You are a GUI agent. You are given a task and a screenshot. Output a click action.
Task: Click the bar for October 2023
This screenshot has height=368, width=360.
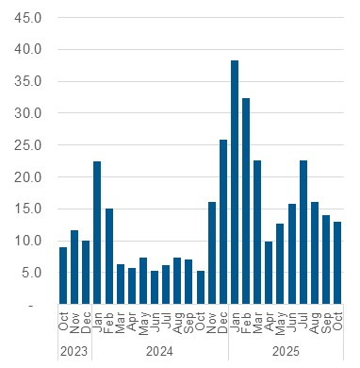[63, 275]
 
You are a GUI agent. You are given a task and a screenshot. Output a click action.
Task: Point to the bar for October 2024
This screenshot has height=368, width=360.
[201, 287]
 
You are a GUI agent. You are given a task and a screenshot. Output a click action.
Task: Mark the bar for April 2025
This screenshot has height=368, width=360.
[269, 273]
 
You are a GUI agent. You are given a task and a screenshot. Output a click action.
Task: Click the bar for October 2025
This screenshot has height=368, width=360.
[337, 263]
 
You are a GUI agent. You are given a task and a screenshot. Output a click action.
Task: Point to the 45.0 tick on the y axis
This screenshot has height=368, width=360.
[29, 17]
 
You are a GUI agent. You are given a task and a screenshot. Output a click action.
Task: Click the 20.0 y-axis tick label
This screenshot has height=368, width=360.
[29, 177]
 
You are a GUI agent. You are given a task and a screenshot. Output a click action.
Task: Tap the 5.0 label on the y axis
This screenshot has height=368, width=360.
[32, 274]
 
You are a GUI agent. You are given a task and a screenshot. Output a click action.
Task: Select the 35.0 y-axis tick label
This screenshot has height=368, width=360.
[29, 81]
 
